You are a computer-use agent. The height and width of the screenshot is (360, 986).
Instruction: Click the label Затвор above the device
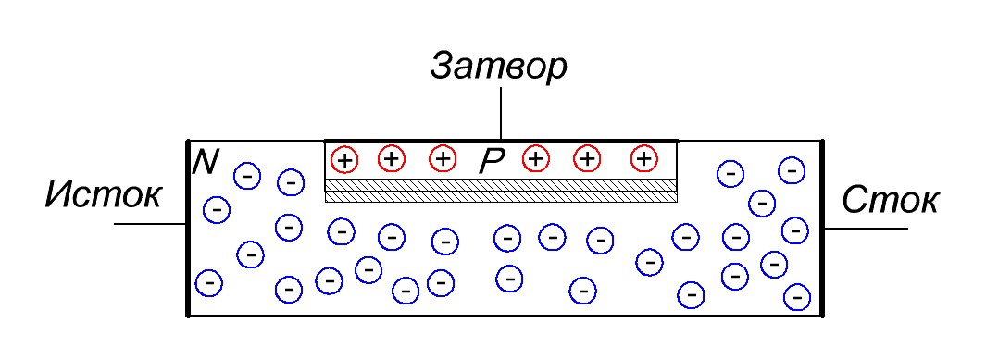tap(498, 67)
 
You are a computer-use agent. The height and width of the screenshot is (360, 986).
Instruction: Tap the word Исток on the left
tap(104, 196)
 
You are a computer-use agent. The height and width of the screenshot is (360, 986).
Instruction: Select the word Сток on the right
tap(890, 199)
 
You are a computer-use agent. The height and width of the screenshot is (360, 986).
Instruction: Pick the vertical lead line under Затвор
tap(500, 115)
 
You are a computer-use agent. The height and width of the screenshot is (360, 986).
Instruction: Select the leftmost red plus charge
tap(344, 159)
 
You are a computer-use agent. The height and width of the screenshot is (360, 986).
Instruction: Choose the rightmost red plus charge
tap(643, 158)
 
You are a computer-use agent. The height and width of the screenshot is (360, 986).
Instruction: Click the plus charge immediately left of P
tap(443, 158)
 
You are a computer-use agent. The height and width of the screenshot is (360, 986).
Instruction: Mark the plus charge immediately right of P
tap(534, 158)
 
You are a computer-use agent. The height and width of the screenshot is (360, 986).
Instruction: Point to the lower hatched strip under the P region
tap(500, 196)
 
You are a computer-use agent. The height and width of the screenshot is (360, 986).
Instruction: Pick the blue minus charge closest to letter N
tap(246, 174)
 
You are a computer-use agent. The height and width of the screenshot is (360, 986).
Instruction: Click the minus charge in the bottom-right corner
tap(795, 296)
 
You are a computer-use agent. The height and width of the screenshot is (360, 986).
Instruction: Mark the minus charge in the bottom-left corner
tap(209, 281)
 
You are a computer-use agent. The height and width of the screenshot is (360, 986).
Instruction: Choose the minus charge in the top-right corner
tap(791, 169)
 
